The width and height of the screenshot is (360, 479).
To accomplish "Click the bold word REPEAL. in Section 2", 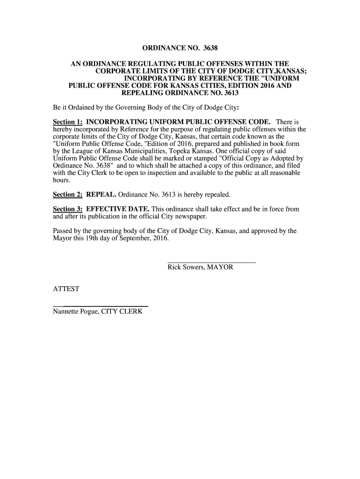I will pyautogui.click(x=101, y=194).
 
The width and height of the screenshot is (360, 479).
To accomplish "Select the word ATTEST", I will pyautogui.click(x=66, y=289).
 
